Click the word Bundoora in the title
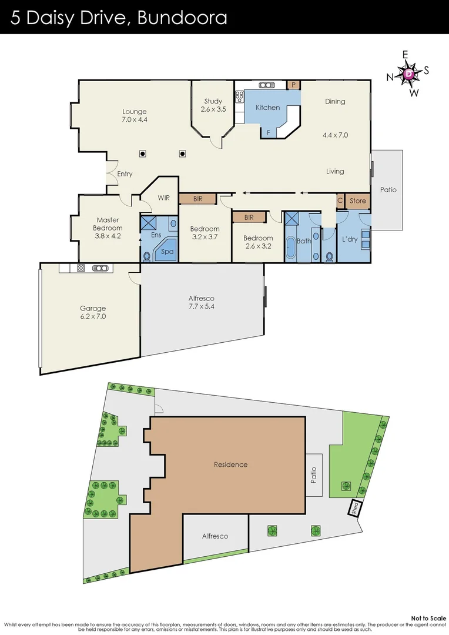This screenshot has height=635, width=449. (x=182, y=18)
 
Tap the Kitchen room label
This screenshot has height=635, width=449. (x=267, y=108)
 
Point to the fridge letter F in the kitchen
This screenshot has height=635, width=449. (x=269, y=133)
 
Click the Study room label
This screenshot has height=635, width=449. (x=213, y=102)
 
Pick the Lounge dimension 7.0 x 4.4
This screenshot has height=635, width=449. (x=134, y=120)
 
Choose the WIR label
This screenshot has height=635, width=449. (x=163, y=198)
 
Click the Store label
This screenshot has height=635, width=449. (x=357, y=201)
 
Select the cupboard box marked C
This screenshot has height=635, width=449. (x=340, y=201)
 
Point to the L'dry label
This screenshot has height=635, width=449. (x=350, y=240)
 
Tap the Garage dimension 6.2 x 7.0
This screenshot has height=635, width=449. (x=93, y=316)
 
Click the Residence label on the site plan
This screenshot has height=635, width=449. (x=230, y=464)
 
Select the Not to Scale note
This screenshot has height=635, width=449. (x=428, y=618)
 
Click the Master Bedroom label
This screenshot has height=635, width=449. (x=108, y=224)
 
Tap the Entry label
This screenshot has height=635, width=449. (x=125, y=174)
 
